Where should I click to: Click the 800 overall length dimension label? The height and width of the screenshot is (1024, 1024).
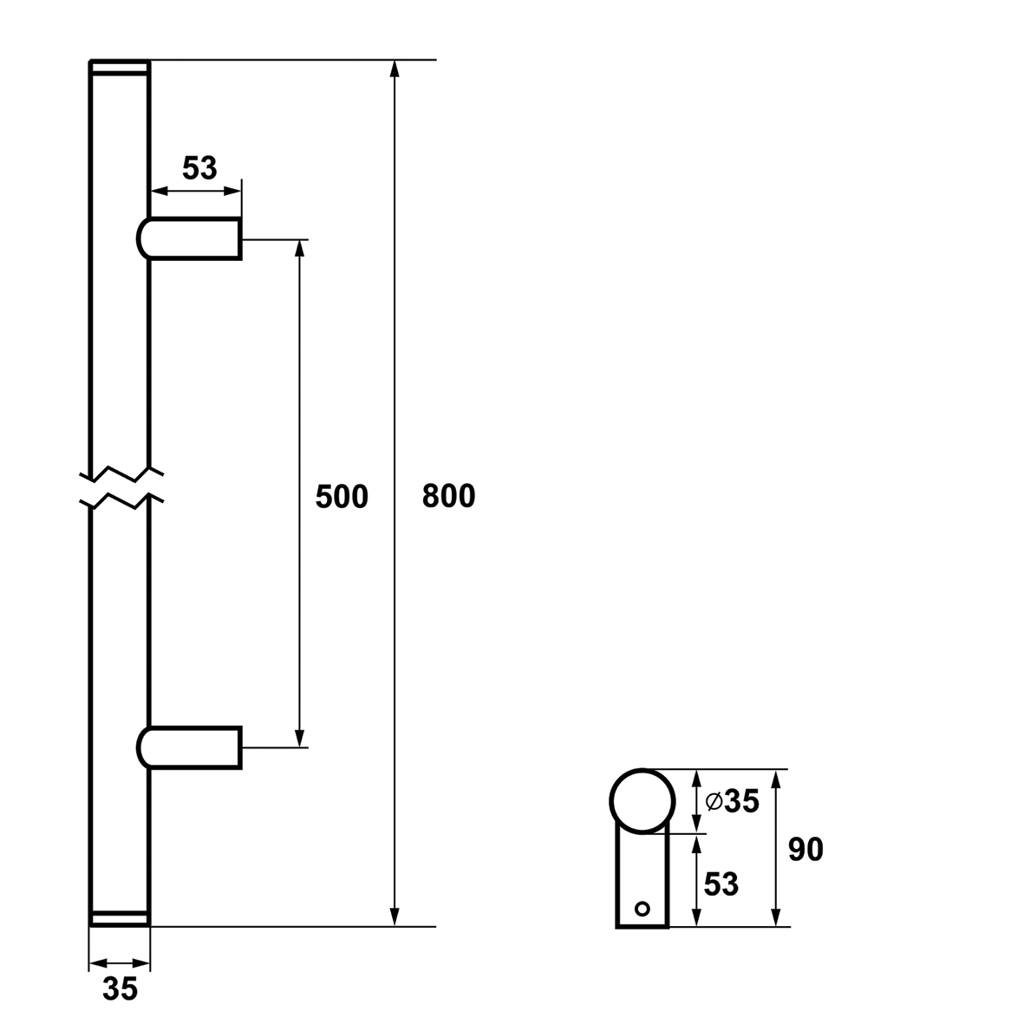pyautogui.click(x=448, y=496)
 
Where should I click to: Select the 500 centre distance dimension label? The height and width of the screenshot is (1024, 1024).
pyautogui.click(x=342, y=497)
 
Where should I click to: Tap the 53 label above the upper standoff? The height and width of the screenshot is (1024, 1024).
pyautogui.click(x=199, y=168)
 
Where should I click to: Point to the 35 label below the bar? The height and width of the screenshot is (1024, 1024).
pyautogui.click(x=121, y=988)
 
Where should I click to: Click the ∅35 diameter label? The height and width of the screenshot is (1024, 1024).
pyautogui.click(x=732, y=800)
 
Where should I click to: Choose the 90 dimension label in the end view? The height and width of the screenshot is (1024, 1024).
pyautogui.click(x=806, y=850)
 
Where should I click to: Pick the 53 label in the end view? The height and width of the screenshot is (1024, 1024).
pyautogui.click(x=721, y=884)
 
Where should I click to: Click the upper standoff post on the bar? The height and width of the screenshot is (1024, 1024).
pyautogui.click(x=189, y=238)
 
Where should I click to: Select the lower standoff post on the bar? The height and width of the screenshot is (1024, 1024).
pyautogui.click(x=189, y=747)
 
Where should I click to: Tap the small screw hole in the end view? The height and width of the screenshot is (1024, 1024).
pyautogui.click(x=642, y=909)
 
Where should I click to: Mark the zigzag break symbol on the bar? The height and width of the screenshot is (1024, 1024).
pyautogui.click(x=121, y=487)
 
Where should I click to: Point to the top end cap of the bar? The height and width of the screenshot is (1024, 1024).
pyautogui.click(x=120, y=68)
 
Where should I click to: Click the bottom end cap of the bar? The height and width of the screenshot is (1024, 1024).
pyautogui.click(x=120, y=918)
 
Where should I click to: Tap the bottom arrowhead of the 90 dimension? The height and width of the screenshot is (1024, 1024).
pyautogui.click(x=776, y=916)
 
